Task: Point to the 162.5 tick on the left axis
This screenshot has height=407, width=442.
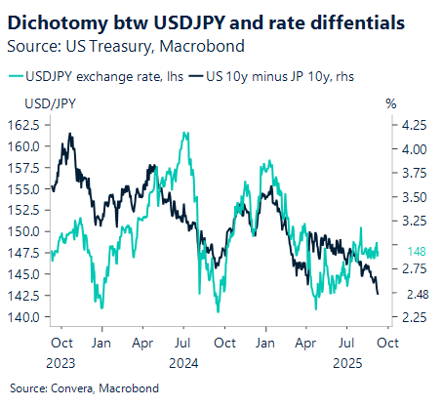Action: coord(23,125)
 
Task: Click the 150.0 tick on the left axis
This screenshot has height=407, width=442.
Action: coord(23,231)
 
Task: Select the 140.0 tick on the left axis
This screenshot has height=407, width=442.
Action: coord(23,317)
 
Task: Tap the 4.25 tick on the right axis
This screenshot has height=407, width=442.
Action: coord(414,125)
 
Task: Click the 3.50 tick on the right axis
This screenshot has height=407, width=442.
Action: coord(414,197)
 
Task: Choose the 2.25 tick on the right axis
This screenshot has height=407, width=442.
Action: coord(414,317)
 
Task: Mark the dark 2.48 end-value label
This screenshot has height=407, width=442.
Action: coord(414,295)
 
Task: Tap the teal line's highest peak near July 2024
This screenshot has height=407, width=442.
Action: coord(184,133)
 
